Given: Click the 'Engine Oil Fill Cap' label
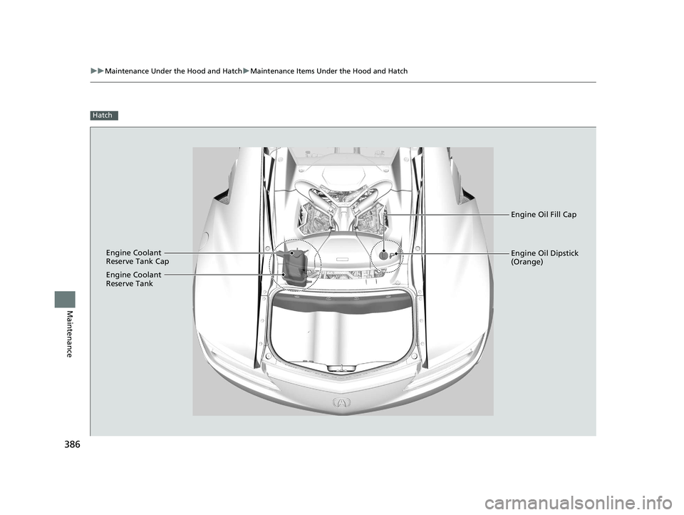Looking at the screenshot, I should (x=544, y=215).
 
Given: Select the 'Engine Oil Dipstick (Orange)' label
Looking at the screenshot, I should (x=544, y=257).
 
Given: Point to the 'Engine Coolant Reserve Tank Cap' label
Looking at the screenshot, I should (x=138, y=257).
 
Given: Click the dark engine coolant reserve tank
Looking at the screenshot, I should (x=294, y=270).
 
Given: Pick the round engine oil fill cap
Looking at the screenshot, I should (x=383, y=254).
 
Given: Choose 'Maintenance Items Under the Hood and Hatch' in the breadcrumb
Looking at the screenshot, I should (x=329, y=71).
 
